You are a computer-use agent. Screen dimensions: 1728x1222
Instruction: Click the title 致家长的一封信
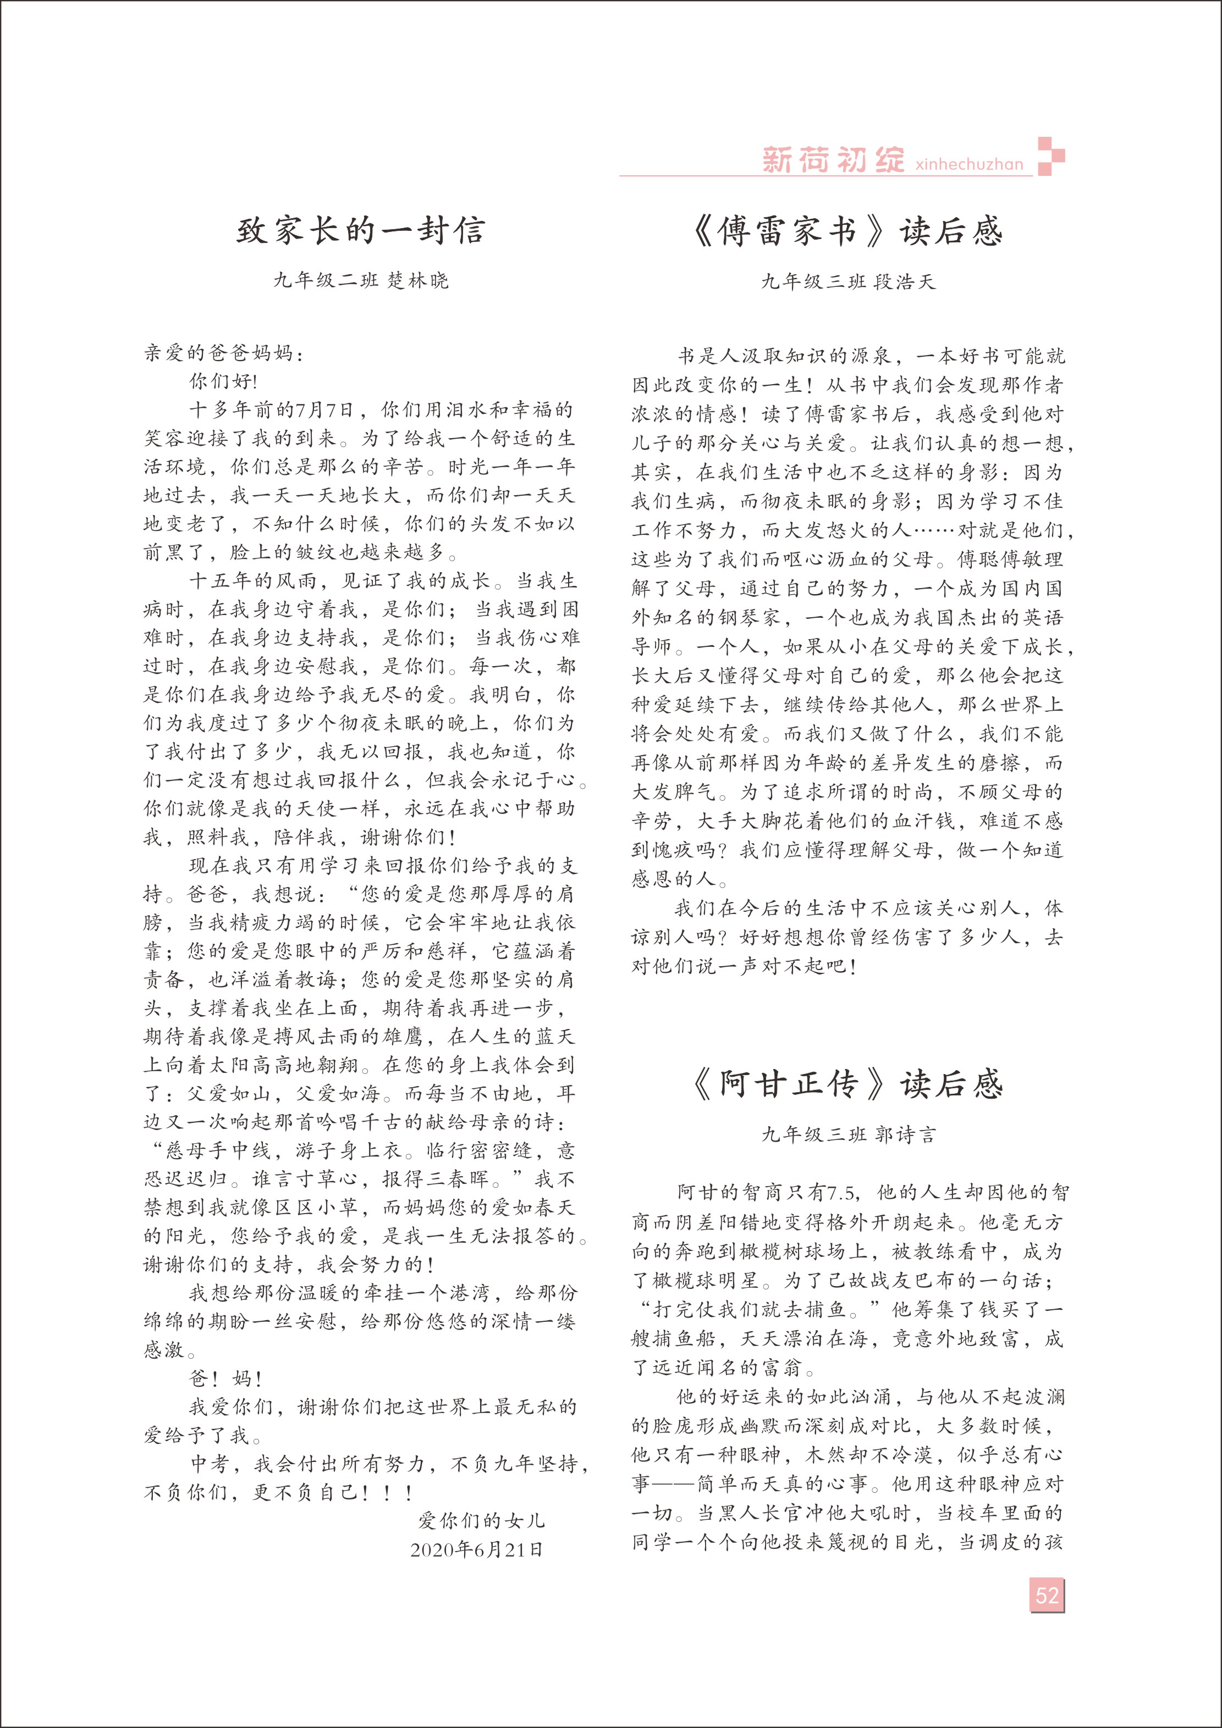point(361,230)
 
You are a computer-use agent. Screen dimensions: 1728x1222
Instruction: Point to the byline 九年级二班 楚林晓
point(361,281)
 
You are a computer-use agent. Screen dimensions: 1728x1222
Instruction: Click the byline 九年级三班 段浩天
point(848,283)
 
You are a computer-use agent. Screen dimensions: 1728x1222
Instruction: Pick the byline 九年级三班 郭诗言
point(848,1135)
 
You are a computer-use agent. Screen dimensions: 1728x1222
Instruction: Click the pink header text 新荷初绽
point(833,159)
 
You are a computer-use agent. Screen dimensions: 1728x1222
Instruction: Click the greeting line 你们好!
point(222,381)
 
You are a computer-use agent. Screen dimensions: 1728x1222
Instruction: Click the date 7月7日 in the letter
point(324,410)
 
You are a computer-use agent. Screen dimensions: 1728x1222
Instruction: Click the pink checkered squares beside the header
point(1051,156)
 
